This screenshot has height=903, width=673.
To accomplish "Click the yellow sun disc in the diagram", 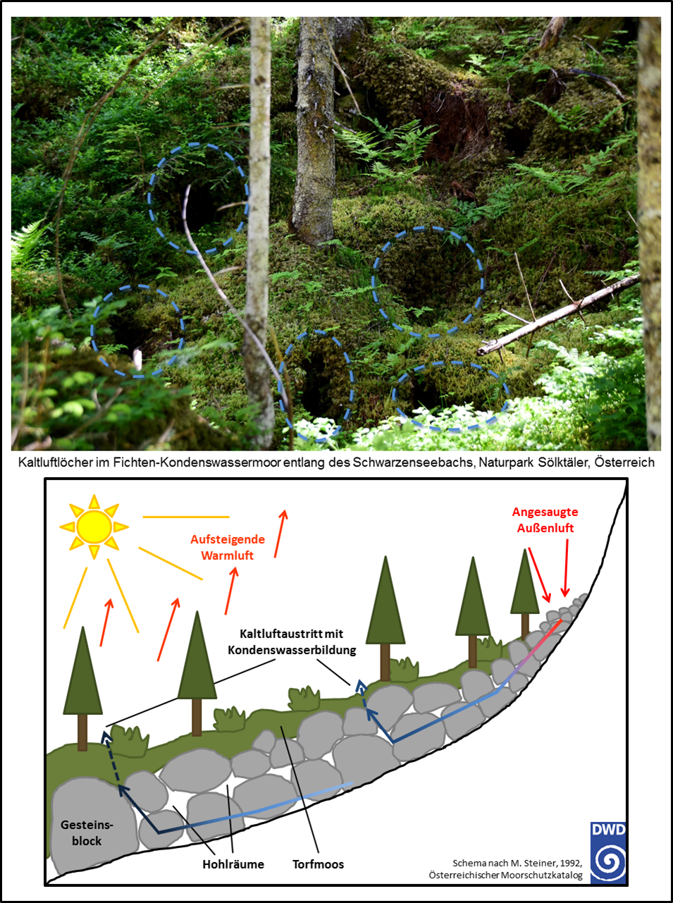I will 94,527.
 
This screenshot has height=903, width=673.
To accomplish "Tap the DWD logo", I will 607,852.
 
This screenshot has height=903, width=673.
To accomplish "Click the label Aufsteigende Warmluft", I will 228,547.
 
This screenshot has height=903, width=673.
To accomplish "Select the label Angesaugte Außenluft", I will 545,520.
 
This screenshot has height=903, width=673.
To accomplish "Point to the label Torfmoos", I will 318,864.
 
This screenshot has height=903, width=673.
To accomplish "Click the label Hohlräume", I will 233,864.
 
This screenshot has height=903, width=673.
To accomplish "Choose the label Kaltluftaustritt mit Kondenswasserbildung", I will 292,641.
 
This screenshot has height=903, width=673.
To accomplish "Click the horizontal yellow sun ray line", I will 186,517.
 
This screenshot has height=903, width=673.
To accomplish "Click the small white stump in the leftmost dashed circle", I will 138,360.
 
